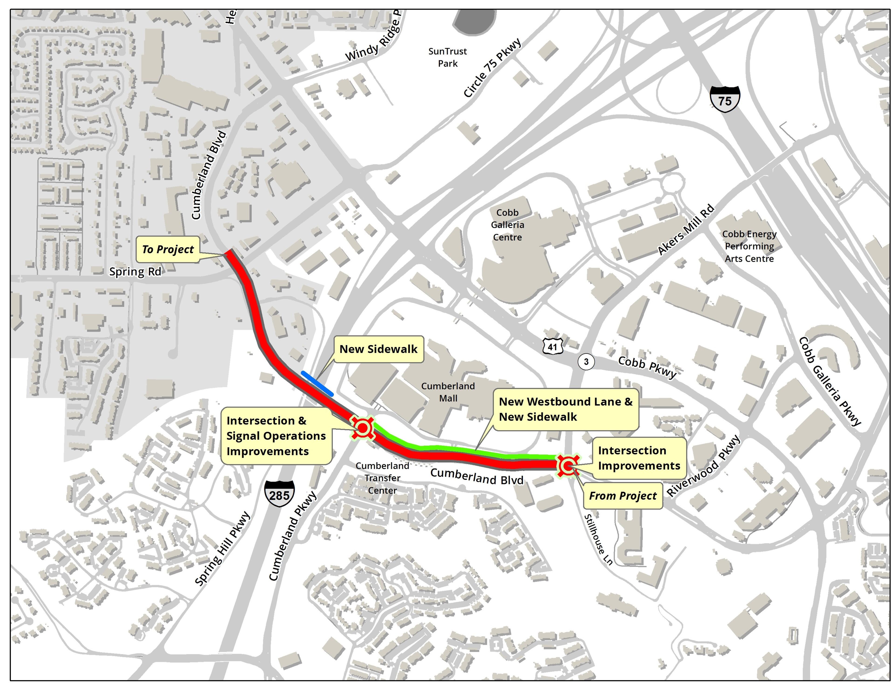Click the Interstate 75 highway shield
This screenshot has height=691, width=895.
[x=725, y=99]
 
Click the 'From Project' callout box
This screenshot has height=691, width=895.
[x=623, y=496]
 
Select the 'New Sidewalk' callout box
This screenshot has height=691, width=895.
[x=378, y=349]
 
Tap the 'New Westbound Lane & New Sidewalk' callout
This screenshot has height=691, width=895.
[x=565, y=409]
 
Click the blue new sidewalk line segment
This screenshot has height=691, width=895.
[x=317, y=383]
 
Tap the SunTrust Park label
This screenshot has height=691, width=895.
[x=447, y=57]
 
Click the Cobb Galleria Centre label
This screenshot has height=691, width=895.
[x=507, y=225]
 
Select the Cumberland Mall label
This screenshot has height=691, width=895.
[x=448, y=392]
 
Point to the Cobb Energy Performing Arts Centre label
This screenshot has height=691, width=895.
[x=749, y=246]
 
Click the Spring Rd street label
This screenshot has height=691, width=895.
[x=135, y=272]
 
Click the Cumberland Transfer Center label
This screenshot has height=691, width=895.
[x=382, y=478]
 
